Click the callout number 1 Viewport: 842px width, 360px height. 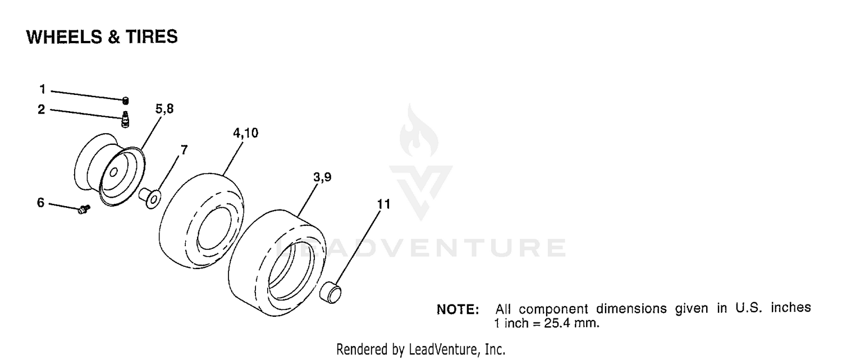[x=43, y=89]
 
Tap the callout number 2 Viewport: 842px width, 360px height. [x=42, y=110]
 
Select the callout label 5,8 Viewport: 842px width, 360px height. [x=164, y=109]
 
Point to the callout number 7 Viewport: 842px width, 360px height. [x=184, y=150]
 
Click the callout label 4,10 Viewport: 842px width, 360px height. [x=246, y=133]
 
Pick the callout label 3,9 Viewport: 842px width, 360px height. [x=323, y=177]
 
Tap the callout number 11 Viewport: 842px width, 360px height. [x=384, y=204]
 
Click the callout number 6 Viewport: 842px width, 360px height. [x=40, y=203]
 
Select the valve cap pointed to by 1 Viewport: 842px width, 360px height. [x=126, y=101]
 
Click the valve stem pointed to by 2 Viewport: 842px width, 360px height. [x=125, y=119]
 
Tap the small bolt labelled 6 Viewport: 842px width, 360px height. [x=84, y=209]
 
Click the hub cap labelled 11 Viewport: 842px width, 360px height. [x=331, y=292]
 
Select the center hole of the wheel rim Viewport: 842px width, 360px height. [x=113, y=172]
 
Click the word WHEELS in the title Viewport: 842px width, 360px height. [x=65, y=37]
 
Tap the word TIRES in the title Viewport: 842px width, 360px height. [x=152, y=37]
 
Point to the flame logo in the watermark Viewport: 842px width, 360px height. [x=419, y=130]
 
